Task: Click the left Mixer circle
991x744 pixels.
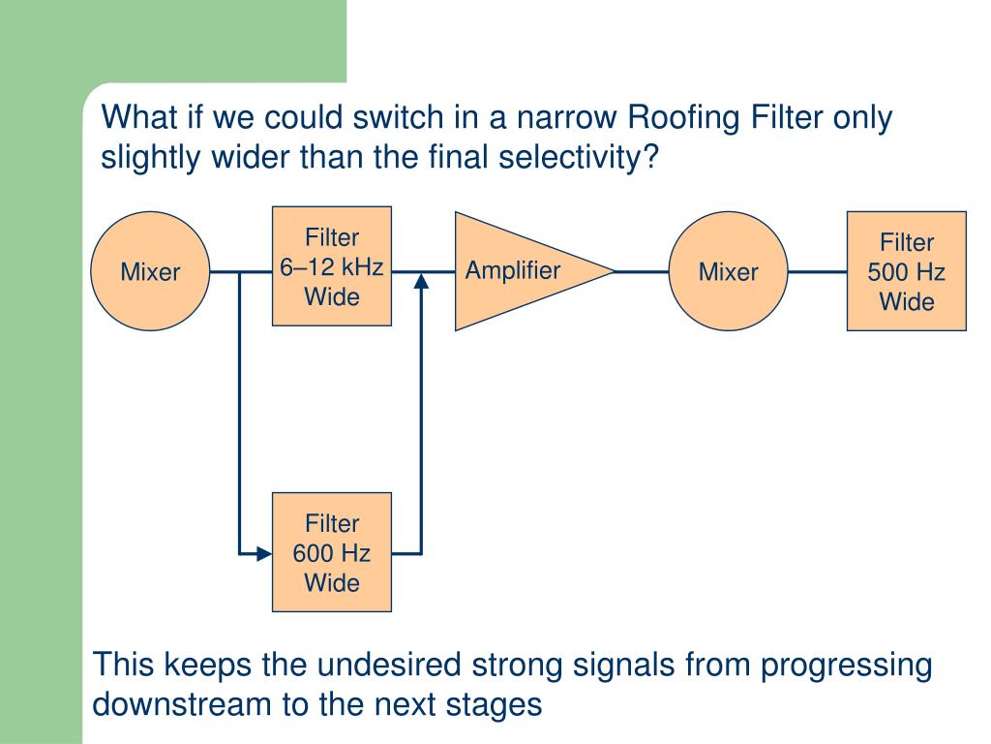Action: pyautogui.click(x=150, y=271)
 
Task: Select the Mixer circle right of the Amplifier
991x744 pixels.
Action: pyautogui.click(x=728, y=271)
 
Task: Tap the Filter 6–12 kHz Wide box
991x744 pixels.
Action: pyautogui.click(x=332, y=266)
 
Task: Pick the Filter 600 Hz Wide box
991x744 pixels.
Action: pyautogui.click(x=332, y=552)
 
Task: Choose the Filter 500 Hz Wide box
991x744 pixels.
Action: pyautogui.click(x=906, y=271)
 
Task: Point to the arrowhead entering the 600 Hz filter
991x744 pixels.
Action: pyautogui.click(x=264, y=553)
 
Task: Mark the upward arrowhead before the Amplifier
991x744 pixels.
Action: pyautogui.click(x=421, y=280)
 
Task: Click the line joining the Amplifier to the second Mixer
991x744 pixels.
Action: pyautogui.click(x=642, y=271)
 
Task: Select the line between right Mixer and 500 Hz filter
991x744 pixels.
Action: pyautogui.click(x=817, y=271)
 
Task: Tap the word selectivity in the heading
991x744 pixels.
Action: pyautogui.click(x=571, y=157)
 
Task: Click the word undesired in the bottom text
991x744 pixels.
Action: pyautogui.click(x=389, y=665)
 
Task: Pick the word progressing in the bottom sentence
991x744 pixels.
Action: pyautogui.click(x=846, y=666)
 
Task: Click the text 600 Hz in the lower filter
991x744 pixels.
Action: pyautogui.click(x=331, y=553)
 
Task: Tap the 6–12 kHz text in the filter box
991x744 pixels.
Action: pyautogui.click(x=331, y=267)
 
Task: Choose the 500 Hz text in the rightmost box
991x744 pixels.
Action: pyautogui.click(x=906, y=272)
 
